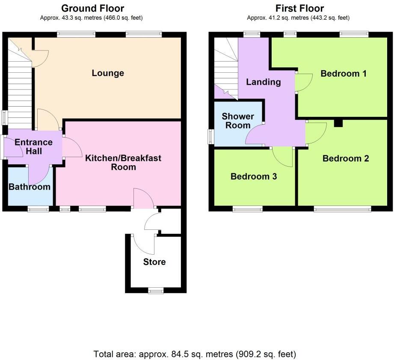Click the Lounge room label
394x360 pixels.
[108, 73]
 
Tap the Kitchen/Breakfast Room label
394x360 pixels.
[123, 163]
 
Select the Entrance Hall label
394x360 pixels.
[33, 146]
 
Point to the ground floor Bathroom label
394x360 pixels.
[30, 187]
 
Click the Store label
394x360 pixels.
[154, 262]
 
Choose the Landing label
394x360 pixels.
[264, 82]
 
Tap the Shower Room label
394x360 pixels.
[238, 121]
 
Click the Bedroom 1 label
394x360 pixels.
[344, 74]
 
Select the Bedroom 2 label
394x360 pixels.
[346, 159]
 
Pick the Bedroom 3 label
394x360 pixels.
[254, 176]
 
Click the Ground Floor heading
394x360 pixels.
[93, 8]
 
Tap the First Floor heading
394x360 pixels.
[299, 8]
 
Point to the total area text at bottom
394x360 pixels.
[195, 354]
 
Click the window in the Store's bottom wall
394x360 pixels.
[156, 291]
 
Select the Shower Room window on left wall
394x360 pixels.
[211, 137]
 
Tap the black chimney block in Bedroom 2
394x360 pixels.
[338, 123]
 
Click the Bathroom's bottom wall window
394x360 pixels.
[39, 209]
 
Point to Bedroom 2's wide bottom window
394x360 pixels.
[342, 209]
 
